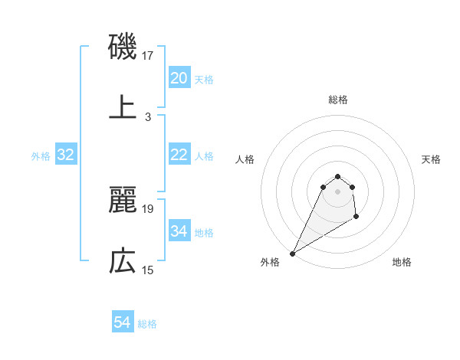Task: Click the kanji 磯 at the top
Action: [123, 47]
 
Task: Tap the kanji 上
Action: [123, 108]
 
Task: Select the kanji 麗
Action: [123, 200]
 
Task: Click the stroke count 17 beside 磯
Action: [149, 56]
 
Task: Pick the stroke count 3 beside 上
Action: [148, 117]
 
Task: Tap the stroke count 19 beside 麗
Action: [149, 208]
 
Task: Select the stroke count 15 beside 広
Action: [149, 270]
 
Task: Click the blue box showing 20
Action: [179, 78]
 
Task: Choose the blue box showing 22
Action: [179, 155]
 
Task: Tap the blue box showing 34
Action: [179, 231]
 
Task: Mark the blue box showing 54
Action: [122, 323]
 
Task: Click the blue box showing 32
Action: [66, 155]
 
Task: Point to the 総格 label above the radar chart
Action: [338, 100]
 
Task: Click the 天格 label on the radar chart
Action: [431, 159]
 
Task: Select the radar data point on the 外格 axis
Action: [292, 254]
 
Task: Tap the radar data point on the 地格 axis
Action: [357, 218]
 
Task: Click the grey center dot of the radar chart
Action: [338, 191]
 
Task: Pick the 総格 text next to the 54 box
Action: [147, 324]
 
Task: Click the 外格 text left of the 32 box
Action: [41, 156]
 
